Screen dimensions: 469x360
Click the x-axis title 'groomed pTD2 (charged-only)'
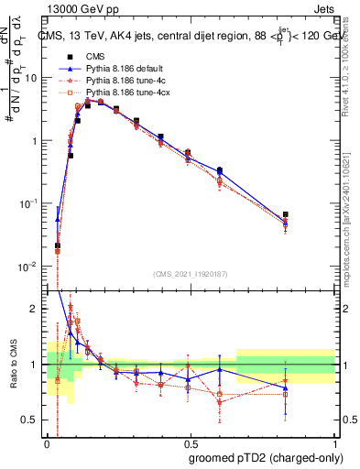coord(266,457)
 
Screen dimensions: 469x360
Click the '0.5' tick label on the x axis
coord(190,442)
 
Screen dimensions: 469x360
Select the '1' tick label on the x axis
coord(334,442)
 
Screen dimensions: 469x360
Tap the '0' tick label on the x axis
coord(47,442)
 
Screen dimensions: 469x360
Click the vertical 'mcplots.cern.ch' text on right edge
coord(351,229)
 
